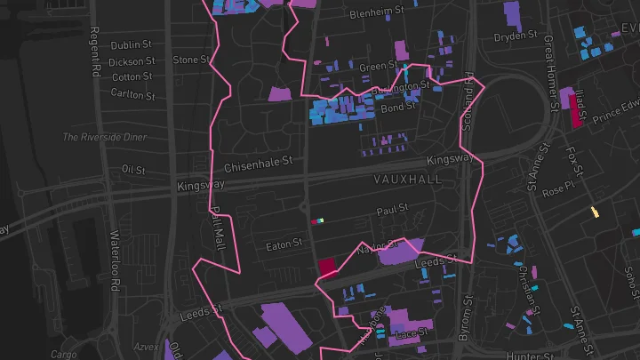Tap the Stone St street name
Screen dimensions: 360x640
(190, 60)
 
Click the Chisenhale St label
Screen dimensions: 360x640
(259, 163)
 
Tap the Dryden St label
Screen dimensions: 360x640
(516, 36)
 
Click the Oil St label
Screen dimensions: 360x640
(133, 169)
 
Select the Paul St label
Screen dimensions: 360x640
(391, 211)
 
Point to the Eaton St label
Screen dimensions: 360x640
(285, 241)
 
